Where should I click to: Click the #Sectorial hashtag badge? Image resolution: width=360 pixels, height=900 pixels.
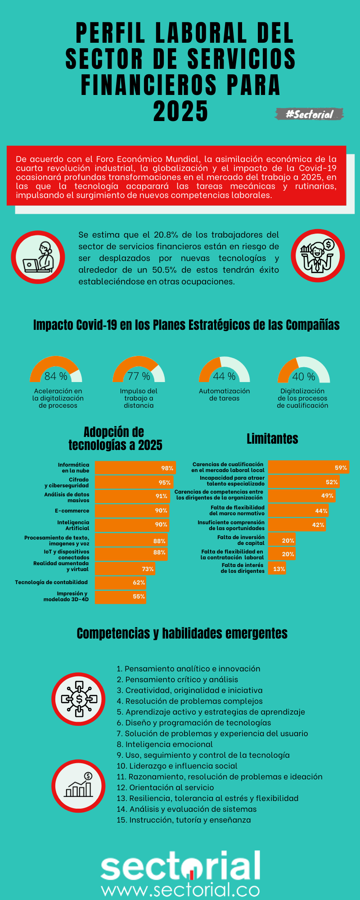point(309,114)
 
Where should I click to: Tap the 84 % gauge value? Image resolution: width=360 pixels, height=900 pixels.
point(56,376)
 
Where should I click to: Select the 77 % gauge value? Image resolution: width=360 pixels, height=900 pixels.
point(139,376)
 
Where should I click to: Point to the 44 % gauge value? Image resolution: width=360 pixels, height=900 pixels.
point(224,376)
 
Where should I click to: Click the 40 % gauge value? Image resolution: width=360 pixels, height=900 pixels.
point(303,377)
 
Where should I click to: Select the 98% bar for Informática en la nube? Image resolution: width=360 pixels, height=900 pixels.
point(135,468)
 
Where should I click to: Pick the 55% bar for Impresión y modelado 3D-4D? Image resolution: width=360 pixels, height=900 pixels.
point(121,597)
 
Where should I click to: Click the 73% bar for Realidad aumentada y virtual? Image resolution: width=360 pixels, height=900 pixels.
point(125,569)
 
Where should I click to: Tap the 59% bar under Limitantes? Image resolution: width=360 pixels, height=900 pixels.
point(308,468)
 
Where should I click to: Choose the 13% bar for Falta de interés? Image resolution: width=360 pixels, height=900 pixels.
point(277,569)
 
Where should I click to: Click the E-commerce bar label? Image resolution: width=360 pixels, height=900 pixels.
point(72,511)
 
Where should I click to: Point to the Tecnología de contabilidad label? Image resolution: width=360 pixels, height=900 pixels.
point(51,582)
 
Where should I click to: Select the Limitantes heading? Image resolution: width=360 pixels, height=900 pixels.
point(272,439)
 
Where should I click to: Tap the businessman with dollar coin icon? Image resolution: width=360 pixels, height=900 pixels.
point(318,256)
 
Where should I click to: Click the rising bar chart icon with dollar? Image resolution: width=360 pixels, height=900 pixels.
point(79,786)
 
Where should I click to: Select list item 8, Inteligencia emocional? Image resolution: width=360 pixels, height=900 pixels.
point(165,744)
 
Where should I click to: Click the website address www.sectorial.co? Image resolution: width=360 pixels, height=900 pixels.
point(180,890)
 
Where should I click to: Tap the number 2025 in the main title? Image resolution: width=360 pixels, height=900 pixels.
point(180,112)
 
